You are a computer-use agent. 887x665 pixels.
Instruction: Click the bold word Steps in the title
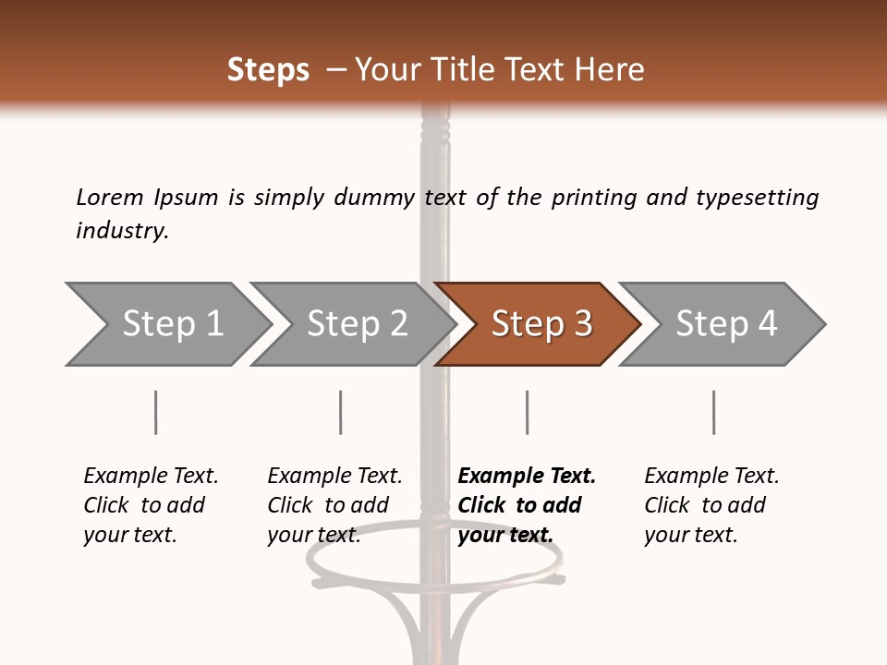[x=268, y=70]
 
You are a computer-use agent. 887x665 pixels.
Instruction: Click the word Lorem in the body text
[x=109, y=198]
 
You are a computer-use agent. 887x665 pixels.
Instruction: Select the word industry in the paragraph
[x=121, y=231]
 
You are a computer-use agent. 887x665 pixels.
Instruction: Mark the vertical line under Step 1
[x=155, y=412]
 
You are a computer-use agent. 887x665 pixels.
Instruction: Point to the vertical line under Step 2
[x=341, y=412]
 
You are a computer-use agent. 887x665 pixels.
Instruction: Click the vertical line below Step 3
[x=527, y=412]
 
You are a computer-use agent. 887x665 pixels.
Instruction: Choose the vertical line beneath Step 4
[x=713, y=412]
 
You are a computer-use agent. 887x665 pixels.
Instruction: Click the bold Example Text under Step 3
[x=527, y=477]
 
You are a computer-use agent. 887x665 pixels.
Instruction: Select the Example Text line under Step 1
[x=151, y=477]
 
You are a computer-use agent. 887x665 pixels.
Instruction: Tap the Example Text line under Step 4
[x=711, y=477]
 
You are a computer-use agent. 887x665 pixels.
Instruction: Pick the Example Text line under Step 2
[x=334, y=477]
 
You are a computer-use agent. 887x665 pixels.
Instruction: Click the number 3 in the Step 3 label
[x=582, y=324]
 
